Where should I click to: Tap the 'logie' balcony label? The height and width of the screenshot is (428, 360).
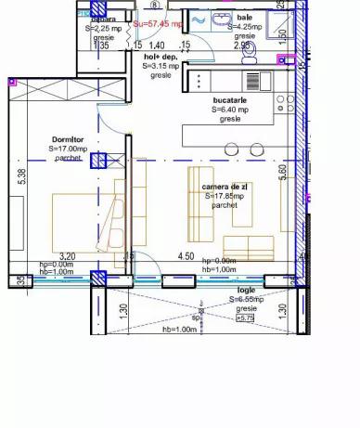point(245,290)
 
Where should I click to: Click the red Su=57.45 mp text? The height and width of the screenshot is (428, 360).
point(157,24)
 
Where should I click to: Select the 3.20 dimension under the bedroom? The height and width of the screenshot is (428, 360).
point(67,256)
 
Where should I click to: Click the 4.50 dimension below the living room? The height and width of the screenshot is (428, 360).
point(186,256)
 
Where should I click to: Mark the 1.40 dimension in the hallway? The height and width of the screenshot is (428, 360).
point(158,45)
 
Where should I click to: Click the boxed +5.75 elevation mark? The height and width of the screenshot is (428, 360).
point(245,318)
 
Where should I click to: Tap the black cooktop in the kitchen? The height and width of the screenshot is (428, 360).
point(204,81)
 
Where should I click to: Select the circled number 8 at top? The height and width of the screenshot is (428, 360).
point(154,4)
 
